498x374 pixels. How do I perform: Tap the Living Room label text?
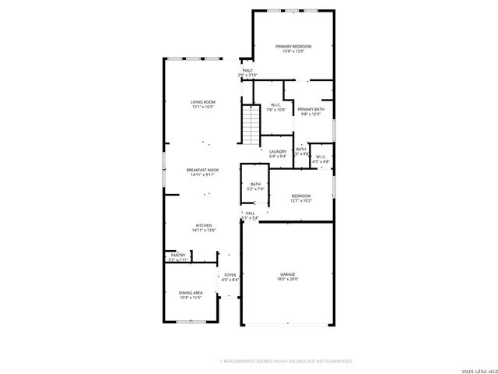[x=203, y=104]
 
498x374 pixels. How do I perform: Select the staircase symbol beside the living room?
[x=250, y=124]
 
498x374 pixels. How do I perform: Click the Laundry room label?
[x=278, y=153]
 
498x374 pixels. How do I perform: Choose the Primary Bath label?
[x=310, y=111]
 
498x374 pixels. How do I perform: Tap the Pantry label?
[x=178, y=257]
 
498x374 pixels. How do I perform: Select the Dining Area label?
[x=191, y=295]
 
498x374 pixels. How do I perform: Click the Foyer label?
[x=230, y=277]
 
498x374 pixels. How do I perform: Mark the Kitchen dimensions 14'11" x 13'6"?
[x=204, y=231]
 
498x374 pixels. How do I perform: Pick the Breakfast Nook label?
[x=202, y=171]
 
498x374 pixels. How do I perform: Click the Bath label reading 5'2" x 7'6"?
[x=255, y=186]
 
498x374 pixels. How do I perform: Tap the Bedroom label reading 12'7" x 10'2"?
[x=301, y=198]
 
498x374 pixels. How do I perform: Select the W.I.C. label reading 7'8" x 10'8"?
[x=276, y=108]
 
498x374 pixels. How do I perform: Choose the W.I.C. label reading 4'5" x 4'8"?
[x=321, y=159]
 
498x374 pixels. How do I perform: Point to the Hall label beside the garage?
[x=249, y=215]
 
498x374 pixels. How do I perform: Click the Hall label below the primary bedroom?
[x=248, y=72]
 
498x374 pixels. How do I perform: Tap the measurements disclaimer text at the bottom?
[x=286, y=361]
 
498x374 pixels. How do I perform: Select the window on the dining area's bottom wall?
[x=191, y=321]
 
